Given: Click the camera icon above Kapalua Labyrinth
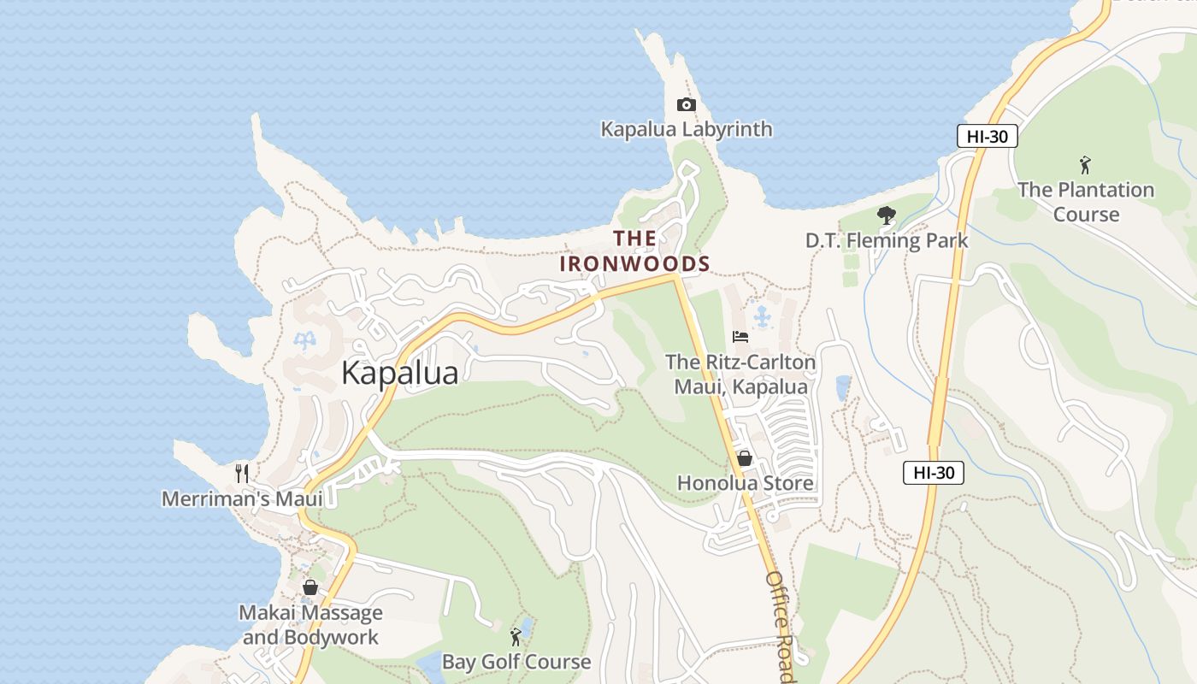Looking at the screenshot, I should (x=686, y=104).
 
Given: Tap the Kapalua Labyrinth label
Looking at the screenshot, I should (x=687, y=129).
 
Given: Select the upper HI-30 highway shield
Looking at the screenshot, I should (x=986, y=136).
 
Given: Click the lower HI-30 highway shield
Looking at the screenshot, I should (x=933, y=472).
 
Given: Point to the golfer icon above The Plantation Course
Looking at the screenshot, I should (x=1085, y=164).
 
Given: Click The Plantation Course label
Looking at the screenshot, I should (x=1086, y=202).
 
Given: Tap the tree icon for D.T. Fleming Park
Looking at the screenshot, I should (x=887, y=215).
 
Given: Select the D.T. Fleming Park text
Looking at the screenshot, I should (x=887, y=240).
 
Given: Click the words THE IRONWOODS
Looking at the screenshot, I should (x=635, y=251).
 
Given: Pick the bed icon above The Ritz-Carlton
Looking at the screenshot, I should (x=740, y=337).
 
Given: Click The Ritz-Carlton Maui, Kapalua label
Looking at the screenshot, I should (x=740, y=374).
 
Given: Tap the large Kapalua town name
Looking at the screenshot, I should (x=399, y=373).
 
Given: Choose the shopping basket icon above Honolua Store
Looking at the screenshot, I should (x=745, y=458).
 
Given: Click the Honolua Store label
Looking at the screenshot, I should (x=745, y=483).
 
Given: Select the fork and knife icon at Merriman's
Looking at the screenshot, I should (x=242, y=473).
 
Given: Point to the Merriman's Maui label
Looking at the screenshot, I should (x=242, y=498).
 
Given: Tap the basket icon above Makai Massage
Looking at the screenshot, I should (x=310, y=587).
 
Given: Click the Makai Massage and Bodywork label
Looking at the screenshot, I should (x=310, y=625).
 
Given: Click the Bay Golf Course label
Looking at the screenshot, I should (x=516, y=662).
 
